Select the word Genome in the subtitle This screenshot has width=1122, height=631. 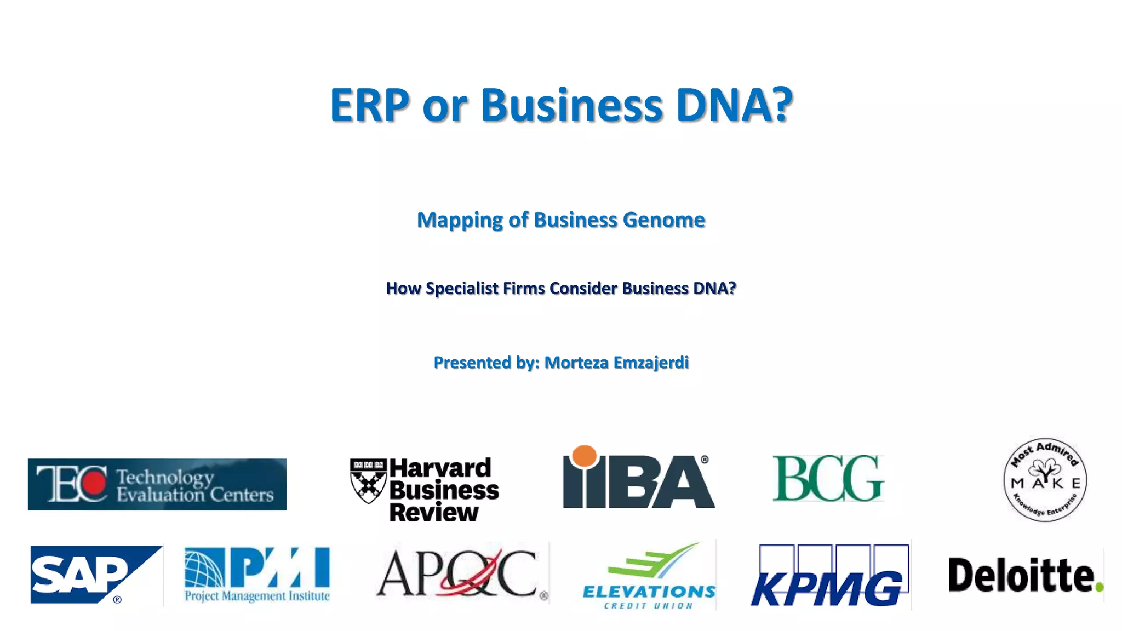663,220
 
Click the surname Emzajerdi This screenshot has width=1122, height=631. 651,363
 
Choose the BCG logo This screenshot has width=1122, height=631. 828,478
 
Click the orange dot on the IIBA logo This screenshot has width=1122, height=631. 584,456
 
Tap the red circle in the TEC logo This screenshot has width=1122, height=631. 94,483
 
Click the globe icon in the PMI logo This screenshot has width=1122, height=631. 204,568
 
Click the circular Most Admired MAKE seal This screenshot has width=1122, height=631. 1045,480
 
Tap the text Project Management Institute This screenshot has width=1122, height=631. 257,596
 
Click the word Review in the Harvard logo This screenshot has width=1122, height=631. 434,513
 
